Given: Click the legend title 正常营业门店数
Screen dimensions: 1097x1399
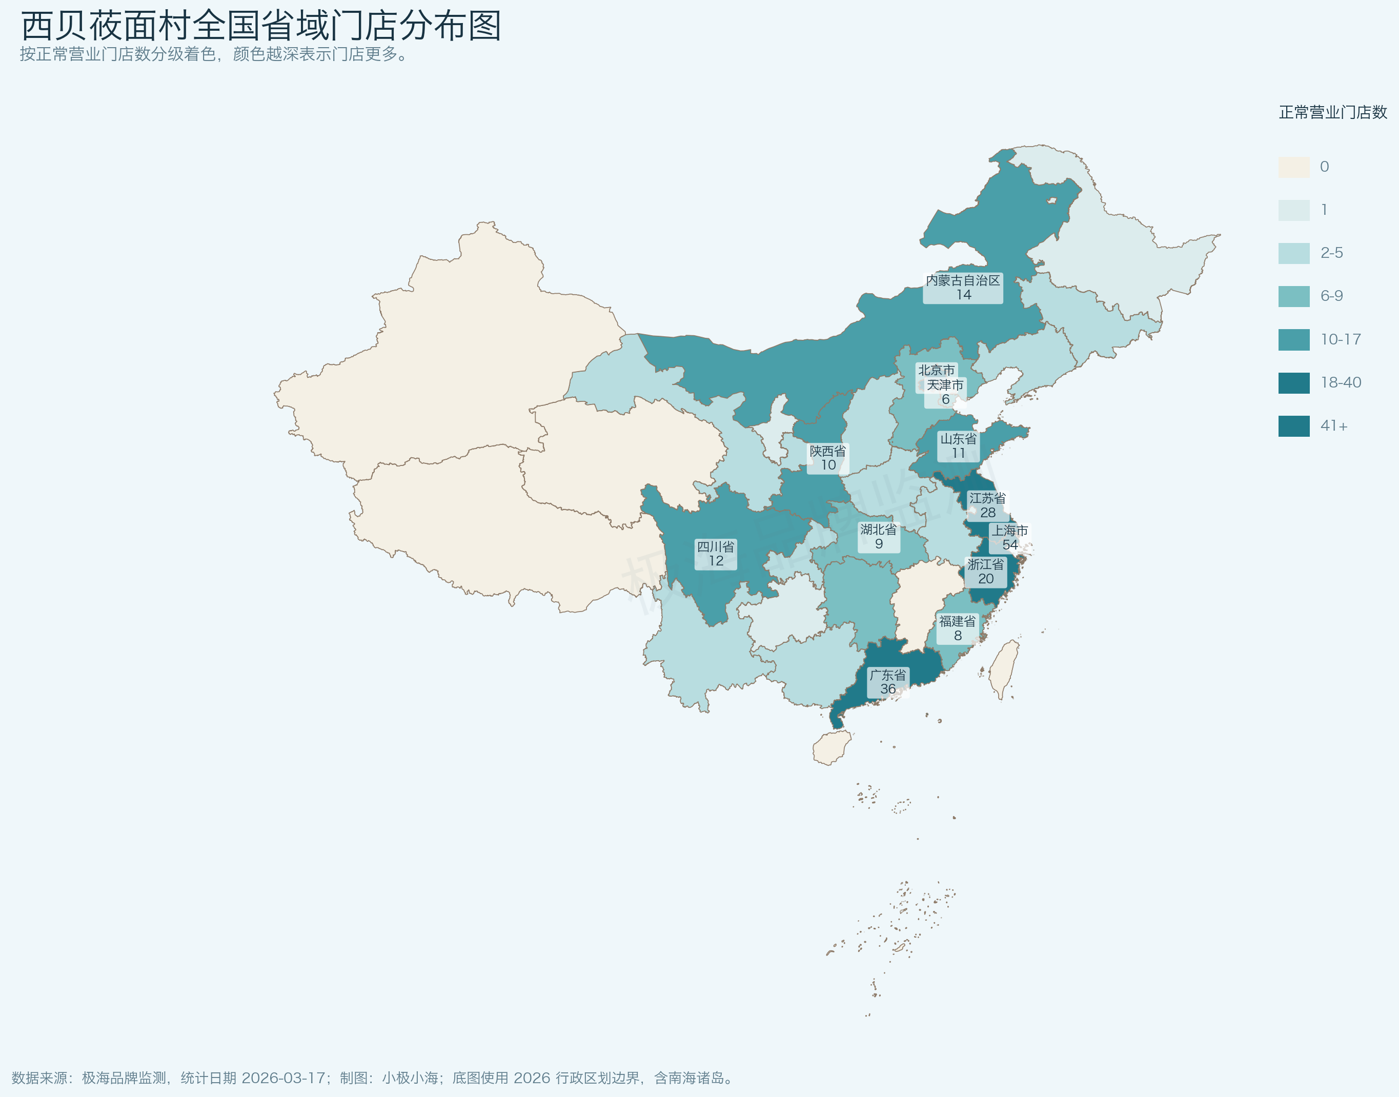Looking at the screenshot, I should click(x=1332, y=112).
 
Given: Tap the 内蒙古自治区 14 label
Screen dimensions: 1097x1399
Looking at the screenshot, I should click(x=962, y=287).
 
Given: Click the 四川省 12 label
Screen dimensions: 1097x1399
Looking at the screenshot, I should click(x=715, y=554).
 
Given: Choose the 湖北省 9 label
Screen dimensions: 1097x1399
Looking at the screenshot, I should click(x=878, y=536).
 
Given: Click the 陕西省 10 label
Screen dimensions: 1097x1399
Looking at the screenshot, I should click(x=827, y=458).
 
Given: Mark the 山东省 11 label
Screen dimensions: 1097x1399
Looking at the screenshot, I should click(x=958, y=446).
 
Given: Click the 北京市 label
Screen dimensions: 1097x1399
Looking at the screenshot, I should click(x=936, y=370).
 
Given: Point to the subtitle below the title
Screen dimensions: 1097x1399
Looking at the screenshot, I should click(x=214, y=54).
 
